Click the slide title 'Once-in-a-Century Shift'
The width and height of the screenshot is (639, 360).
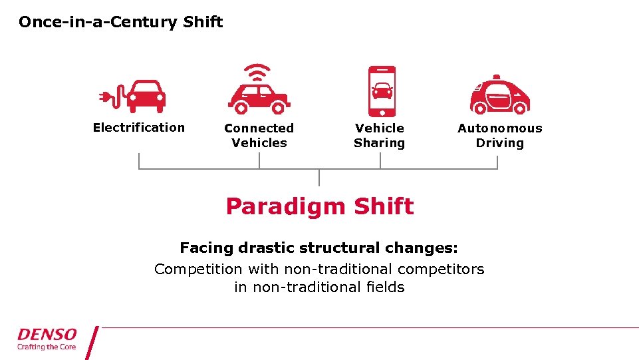[120, 22]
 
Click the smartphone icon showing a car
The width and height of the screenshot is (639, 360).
[382, 91]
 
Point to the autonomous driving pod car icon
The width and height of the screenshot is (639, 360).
[499, 96]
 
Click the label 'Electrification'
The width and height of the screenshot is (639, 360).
[138, 127]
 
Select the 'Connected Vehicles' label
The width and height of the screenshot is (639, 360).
[259, 135]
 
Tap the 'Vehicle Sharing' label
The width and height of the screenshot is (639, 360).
[379, 135]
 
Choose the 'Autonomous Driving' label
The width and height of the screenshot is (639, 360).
[499, 135]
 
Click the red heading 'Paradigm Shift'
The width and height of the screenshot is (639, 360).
[319, 206]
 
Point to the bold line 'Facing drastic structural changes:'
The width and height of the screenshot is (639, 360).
[319, 248]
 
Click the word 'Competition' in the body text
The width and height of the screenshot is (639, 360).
[198, 270]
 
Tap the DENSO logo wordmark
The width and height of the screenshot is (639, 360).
[47, 334]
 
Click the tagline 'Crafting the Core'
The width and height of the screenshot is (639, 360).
[47, 347]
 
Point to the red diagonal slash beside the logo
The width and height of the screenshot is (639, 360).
[92, 342]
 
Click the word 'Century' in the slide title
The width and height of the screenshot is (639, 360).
[150, 22]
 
